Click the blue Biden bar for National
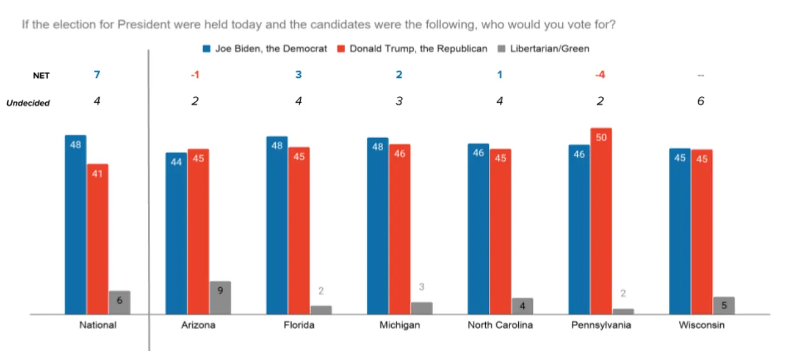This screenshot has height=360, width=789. click(75, 225)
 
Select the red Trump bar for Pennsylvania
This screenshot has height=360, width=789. click(601, 221)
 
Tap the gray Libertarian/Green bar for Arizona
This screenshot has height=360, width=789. click(220, 297)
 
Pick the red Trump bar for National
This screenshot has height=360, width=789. click(98, 239)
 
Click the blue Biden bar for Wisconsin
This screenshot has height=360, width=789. click(680, 231)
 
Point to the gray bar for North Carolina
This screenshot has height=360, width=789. click(522, 306)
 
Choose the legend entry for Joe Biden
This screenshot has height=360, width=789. click(265, 49)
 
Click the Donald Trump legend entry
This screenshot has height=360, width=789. click(412, 49)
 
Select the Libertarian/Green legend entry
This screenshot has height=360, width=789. click(543, 49)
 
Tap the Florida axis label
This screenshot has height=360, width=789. click(299, 325)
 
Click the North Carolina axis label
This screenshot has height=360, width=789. click(500, 325)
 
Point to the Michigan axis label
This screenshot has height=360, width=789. click(400, 325)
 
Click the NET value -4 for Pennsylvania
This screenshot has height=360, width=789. click(600, 75)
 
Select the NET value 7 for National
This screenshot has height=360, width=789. click(97, 75)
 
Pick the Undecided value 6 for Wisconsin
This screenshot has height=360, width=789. click(701, 101)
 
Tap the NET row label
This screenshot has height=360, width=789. click(41, 76)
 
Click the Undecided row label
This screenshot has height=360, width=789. click(28, 103)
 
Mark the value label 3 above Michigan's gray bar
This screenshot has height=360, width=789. click(421, 287)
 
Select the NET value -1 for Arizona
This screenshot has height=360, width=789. click(195, 75)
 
